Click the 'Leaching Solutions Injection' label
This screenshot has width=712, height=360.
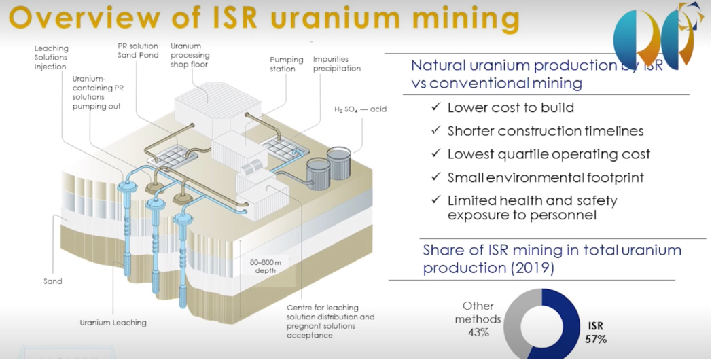(51, 58)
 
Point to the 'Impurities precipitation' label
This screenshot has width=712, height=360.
(336, 64)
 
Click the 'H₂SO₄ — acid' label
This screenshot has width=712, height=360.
(360, 109)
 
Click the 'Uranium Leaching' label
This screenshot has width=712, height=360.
(113, 322)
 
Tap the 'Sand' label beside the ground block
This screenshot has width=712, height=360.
(52, 281)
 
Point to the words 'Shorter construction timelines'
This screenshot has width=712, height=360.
(546, 131)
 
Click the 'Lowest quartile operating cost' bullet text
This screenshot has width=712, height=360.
(548, 154)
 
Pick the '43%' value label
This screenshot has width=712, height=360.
(478, 333)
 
